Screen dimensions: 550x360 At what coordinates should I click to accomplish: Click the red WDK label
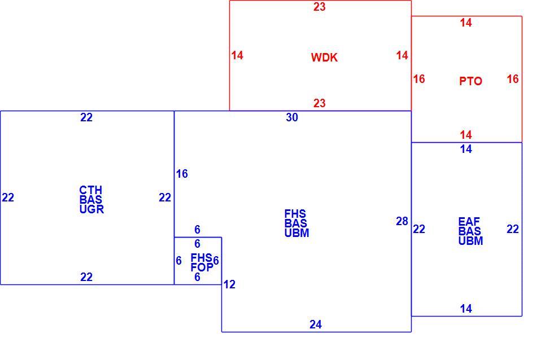[324, 58]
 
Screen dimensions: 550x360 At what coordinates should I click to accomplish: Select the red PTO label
[470, 81]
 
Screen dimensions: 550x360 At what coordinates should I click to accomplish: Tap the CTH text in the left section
[90, 190]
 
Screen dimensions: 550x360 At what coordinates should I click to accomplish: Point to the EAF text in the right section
[469, 222]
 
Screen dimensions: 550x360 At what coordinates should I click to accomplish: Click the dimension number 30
[292, 117]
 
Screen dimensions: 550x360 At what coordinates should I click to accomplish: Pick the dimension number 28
[402, 221]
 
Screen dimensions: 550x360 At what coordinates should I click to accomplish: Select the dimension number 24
[315, 324]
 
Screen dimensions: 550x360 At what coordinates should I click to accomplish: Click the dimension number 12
[229, 284]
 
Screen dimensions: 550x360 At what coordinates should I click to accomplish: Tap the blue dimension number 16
[182, 174]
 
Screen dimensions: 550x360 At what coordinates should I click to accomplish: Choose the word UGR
[91, 209]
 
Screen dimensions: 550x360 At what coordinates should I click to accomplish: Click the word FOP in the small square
[202, 267]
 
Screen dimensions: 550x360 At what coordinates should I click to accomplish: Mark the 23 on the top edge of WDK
[319, 7]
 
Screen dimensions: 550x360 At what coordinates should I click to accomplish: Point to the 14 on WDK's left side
[237, 55]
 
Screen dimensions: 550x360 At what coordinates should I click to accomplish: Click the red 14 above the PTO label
[466, 23]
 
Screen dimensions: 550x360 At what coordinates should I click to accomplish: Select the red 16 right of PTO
[513, 79]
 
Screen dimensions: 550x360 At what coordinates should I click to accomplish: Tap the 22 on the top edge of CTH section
[86, 117]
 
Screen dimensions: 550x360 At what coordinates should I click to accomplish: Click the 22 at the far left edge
[8, 197]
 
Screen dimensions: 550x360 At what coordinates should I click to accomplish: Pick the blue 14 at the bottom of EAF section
[466, 309]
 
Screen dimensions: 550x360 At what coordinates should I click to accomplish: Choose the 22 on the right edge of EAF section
[513, 229]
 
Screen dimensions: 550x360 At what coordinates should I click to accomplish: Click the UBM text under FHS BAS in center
[297, 233]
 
